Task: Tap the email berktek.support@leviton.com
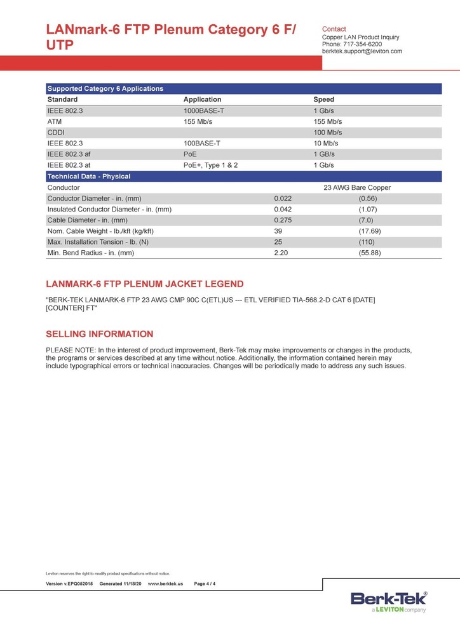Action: pyautogui.click(x=362, y=51)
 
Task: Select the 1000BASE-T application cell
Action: pyautogui.click(x=204, y=110)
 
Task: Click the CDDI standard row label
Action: pyautogui.click(x=55, y=132)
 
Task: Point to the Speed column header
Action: pyautogui.click(x=323, y=100)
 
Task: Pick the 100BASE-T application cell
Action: pyautogui.click(x=201, y=144)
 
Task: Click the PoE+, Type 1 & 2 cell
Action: pyautogui.click(x=210, y=165)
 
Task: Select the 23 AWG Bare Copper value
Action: pyautogui.click(x=357, y=188)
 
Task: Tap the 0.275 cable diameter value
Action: pyautogui.click(x=283, y=220)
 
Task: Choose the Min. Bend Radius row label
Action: pyautogui.click(x=91, y=253)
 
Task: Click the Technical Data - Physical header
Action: pyautogui.click(x=89, y=177)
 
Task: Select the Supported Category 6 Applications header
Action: pyautogui.click(x=105, y=89)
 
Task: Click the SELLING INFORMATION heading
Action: pyautogui.click(x=100, y=334)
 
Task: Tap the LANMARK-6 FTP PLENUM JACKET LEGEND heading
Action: pyautogui.click(x=144, y=284)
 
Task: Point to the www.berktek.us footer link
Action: pyautogui.click(x=165, y=584)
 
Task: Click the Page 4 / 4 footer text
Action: pyautogui.click(x=205, y=584)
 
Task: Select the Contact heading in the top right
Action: pyautogui.click(x=334, y=29)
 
